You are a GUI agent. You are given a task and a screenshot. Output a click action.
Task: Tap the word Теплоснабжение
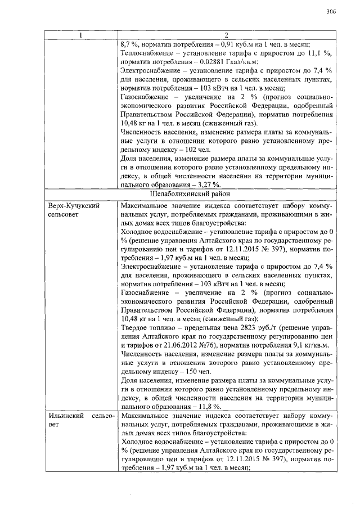(x=147, y=53)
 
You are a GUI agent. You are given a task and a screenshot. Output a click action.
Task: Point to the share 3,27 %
(x=209, y=184)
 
